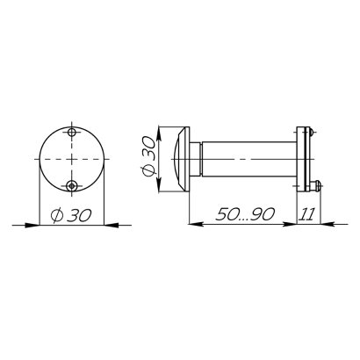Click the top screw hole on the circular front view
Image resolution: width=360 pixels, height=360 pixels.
(x=72, y=133)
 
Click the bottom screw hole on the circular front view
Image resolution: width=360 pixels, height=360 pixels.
(x=71, y=185)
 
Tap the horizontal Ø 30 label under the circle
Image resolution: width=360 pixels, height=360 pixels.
(x=71, y=215)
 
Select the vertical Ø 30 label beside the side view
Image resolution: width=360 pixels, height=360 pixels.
(x=148, y=156)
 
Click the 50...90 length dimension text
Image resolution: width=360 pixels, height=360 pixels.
(x=245, y=214)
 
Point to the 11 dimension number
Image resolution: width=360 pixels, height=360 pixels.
(x=307, y=214)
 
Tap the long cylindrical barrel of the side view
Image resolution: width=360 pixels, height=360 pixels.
(x=249, y=159)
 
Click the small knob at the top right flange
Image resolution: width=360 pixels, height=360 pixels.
(x=312, y=132)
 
